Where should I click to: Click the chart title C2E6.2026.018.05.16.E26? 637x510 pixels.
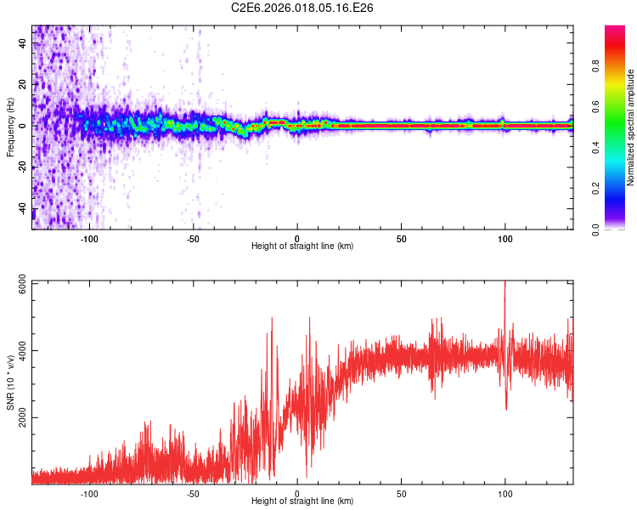[x=303, y=8]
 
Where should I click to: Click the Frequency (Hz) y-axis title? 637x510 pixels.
[x=9, y=127]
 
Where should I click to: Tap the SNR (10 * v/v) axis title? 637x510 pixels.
[x=9, y=382]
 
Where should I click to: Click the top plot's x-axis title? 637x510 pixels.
[x=302, y=246]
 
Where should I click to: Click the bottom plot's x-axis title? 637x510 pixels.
[x=302, y=501]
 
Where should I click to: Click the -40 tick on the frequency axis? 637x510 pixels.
[x=22, y=208]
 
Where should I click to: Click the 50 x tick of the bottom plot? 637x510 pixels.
[x=401, y=492]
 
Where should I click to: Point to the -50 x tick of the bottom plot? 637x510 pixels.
[x=193, y=492]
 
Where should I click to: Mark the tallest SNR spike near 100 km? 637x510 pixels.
[x=505, y=283]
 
